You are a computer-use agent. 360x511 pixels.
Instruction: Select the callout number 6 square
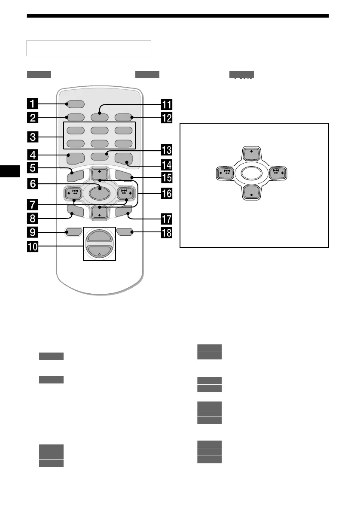point(32,182)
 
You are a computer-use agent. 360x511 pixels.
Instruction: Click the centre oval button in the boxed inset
point(251,173)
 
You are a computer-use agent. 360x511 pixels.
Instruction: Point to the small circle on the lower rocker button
point(99,254)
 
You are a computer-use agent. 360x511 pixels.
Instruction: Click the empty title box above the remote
point(89,48)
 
